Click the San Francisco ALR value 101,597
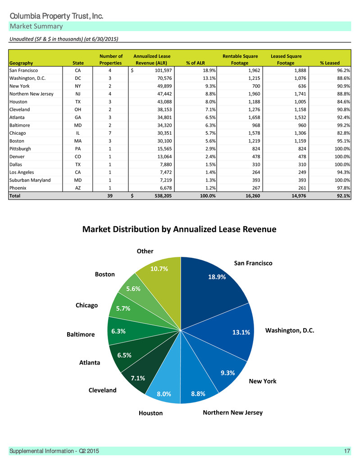point(163,70)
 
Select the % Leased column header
point(330,63)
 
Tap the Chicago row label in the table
point(18,133)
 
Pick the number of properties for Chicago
point(110,133)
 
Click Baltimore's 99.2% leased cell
point(343,125)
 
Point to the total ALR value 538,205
point(163,196)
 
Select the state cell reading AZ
point(78,188)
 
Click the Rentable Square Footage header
point(240,59)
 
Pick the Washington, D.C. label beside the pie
point(290,330)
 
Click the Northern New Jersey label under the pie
point(232,412)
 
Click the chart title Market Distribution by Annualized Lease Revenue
point(179,229)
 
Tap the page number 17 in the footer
point(347,451)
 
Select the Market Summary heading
point(36,26)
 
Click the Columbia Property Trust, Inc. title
point(56,16)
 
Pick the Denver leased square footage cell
point(302,157)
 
